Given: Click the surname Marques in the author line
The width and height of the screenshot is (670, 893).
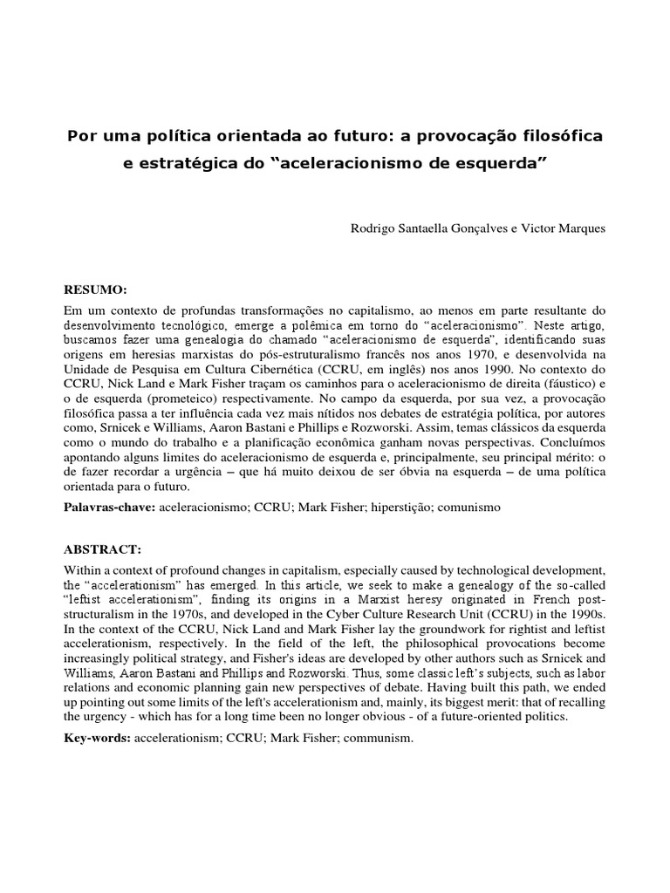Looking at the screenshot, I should click(x=581, y=228).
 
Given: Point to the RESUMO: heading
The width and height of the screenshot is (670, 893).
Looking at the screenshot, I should click(x=96, y=289).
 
